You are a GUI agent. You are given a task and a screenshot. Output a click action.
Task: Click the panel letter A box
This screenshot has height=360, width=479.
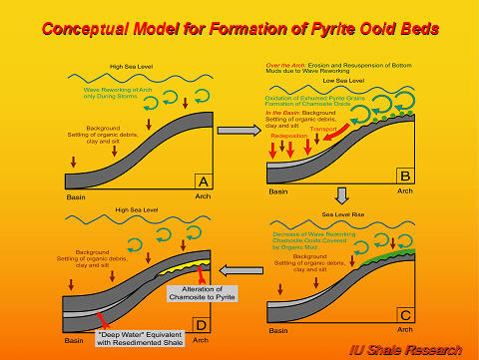pos(202,181)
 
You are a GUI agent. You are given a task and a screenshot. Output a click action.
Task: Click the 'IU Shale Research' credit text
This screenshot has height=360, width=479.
pos(415,349)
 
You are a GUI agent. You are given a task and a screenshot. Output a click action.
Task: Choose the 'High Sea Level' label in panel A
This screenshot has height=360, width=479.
pos(131,69)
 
